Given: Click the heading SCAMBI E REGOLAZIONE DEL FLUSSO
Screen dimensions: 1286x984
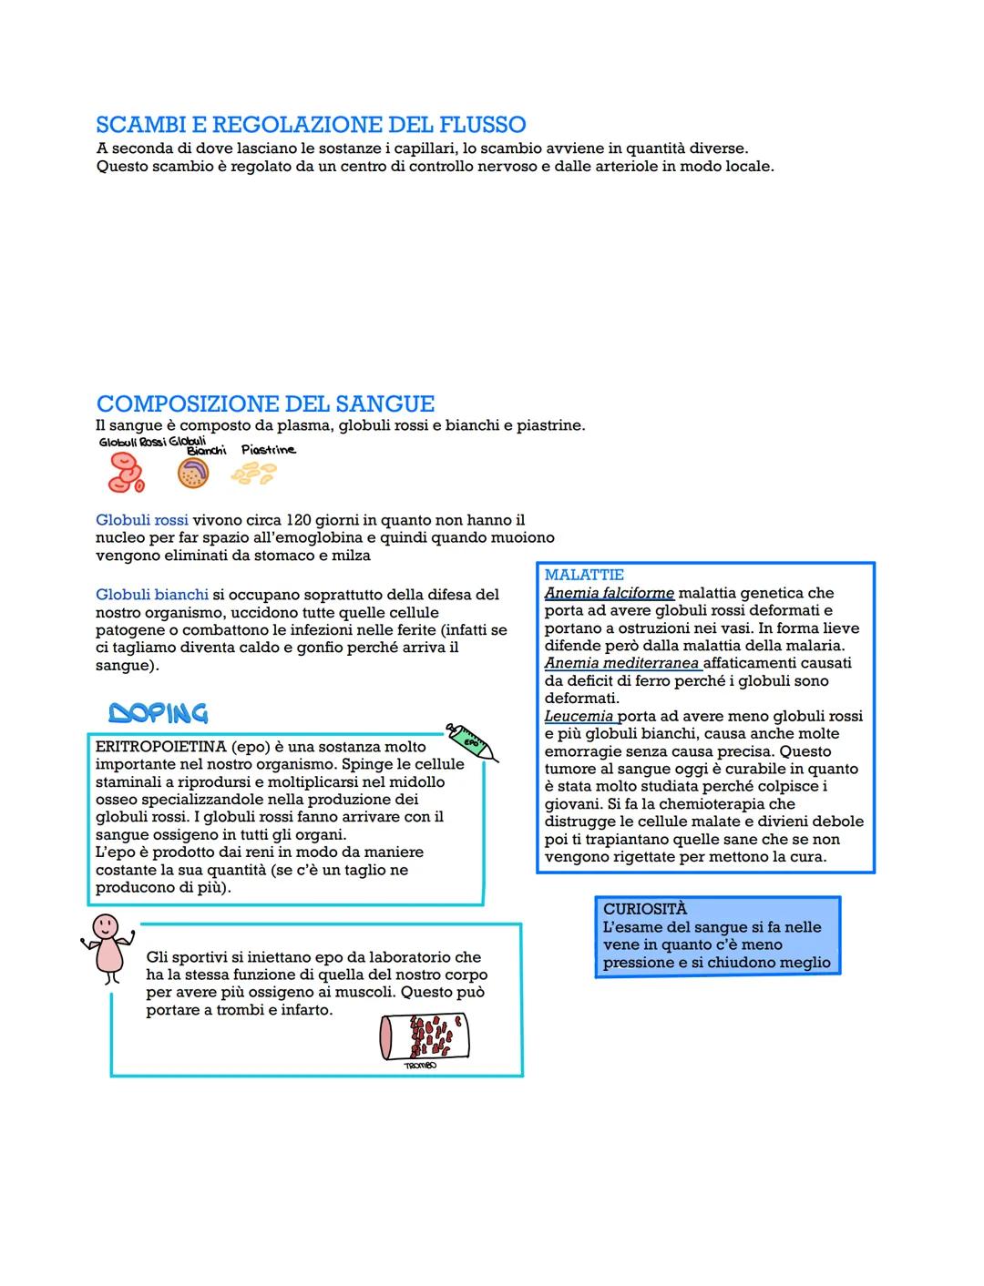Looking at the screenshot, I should click(x=311, y=125).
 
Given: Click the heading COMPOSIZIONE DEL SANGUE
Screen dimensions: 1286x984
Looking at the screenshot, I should click(x=265, y=403).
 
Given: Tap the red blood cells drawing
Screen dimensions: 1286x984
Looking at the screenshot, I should click(x=126, y=473).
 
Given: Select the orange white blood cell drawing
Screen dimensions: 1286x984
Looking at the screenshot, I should click(x=192, y=473).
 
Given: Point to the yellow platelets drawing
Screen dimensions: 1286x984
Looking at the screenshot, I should click(x=253, y=472).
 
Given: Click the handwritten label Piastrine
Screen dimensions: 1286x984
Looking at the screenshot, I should click(x=268, y=450).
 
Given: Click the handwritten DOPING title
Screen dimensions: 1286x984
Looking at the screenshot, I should click(x=158, y=713).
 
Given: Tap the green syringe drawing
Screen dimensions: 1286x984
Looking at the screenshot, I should click(x=472, y=741).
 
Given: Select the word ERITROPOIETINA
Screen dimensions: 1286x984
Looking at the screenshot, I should click(x=160, y=747).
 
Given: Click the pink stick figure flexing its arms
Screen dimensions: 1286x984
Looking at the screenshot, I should click(x=108, y=946).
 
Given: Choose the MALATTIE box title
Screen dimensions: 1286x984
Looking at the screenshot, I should click(x=584, y=575).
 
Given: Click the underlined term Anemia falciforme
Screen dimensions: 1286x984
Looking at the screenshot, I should click(x=609, y=593).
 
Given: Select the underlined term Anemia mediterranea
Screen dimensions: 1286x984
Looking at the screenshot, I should click(x=621, y=663).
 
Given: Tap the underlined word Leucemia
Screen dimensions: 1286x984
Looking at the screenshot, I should click(x=579, y=716).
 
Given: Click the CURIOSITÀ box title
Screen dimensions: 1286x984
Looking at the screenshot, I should click(x=645, y=909).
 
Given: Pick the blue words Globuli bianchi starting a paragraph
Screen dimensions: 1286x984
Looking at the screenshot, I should click(x=152, y=595).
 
